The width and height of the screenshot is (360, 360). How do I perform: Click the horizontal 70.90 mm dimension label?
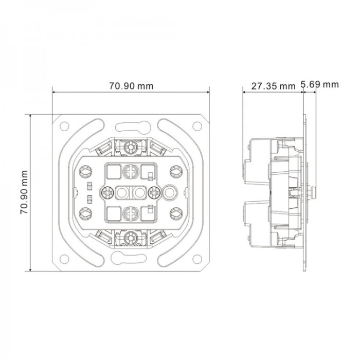point(131,86)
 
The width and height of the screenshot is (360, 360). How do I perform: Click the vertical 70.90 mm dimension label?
point(24,192)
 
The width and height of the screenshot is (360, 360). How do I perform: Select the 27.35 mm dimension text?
point(273,86)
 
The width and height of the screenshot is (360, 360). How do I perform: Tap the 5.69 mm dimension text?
point(320,84)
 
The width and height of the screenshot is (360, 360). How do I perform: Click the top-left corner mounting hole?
point(64,126)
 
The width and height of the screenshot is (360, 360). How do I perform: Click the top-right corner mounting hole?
point(197,126)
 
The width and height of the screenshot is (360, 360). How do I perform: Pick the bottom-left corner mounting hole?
point(64,259)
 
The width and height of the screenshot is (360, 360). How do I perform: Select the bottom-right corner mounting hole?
point(197,259)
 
